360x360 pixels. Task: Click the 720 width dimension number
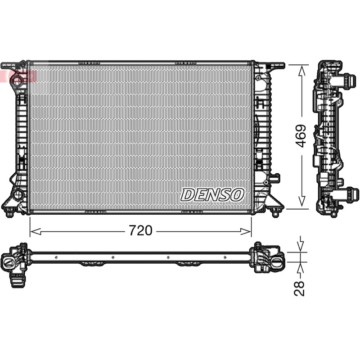coord(140,230)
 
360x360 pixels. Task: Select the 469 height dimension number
coord(301,136)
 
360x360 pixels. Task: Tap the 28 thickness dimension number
coord(300,288)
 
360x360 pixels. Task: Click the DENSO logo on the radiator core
coord(212,195)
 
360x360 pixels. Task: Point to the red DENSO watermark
coord(18,76)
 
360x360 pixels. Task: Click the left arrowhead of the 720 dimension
coord(36,231)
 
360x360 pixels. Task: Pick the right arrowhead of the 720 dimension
coord(246,231)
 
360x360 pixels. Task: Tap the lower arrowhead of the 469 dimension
coord(302,201)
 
